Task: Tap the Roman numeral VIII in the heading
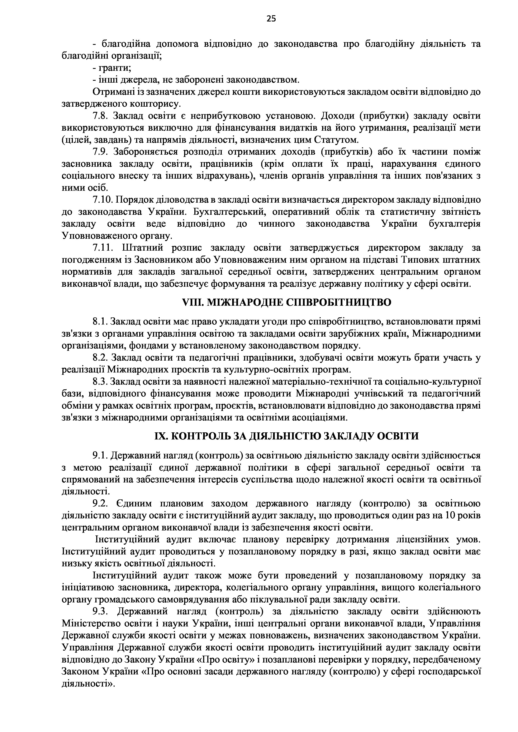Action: pyautogui.click(x=192, y=302)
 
